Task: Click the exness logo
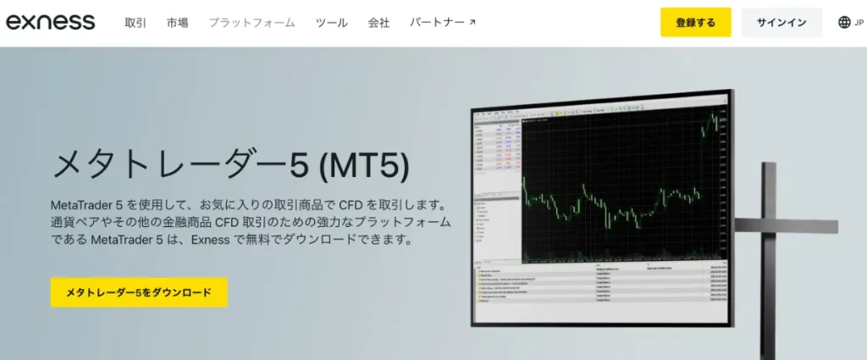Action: coord(51,23)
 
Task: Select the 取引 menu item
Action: coord(135,23)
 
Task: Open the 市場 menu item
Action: coord(178,23)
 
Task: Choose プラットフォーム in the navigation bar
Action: coord(251,23)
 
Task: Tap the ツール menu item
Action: coord(332,23)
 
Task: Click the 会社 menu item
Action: coord(379,23)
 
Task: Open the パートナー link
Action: coord(436,23)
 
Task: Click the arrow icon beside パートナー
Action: coord(472,23)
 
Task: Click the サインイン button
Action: coord(781,23)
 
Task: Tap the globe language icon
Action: coord(844,23)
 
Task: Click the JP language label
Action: coord(860,23)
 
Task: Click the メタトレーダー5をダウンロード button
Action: coord(139,292)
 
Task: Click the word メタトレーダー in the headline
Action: coord(169,164)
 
